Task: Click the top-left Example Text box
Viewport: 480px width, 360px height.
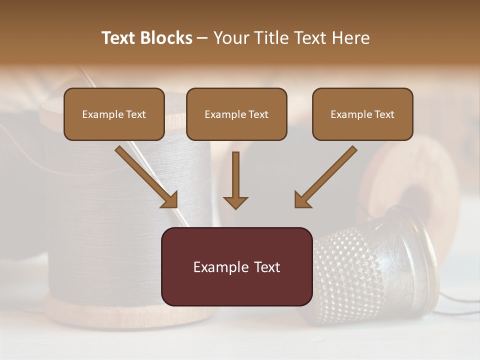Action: (x=114, y=114)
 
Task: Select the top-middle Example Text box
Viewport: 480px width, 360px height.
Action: (x=236, y=114)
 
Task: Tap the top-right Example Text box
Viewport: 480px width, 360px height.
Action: (x=362, y=114)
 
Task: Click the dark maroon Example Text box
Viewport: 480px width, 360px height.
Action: (x=236, y=266)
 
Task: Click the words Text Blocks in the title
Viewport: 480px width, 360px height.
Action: (x=147, y=38)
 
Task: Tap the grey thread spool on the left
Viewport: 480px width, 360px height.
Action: (x=125, y=200)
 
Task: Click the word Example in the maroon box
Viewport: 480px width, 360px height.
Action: (x=217, y=267)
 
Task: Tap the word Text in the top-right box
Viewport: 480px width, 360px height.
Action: (x=384, y=114)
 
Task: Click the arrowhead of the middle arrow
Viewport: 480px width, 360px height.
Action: (x=235, y=202)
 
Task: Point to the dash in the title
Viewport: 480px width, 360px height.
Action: (x=202, y=38)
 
